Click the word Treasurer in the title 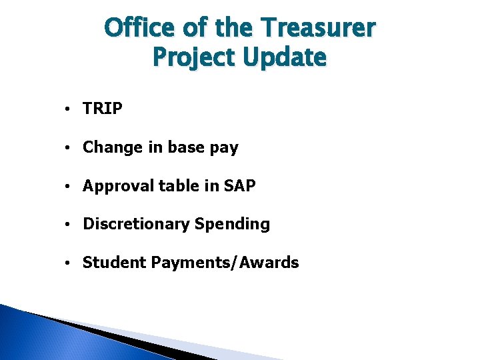pyautogui.click(x=319, y=28)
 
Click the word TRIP pyautogui.click(x=103, y=109)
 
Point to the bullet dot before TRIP pyautogui.click(x=69, y=109)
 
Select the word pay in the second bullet pyautogui.click(x=224, y=149)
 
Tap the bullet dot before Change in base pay pyautogui.click(x=69, y=148)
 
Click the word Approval pyautogui.click(x=118, y=187)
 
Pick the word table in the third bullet pyautogui.click(x=177, y=186)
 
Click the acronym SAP pyautogui.click(x=240, y=186)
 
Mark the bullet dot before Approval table pyautogui.click(x=69, y=187)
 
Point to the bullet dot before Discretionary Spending pyautogui.click(x=69, y=225)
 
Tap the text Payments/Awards pyautogui.click(x=225, y=263)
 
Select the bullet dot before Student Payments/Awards pyautogui.click(x=69, y=263)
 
